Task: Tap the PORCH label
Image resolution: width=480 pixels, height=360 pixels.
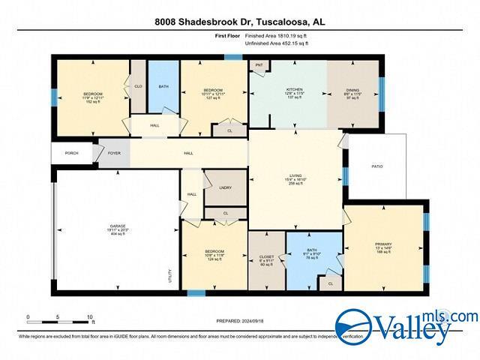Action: tap(72, 153)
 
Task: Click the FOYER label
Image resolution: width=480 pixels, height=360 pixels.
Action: tap(114, 153)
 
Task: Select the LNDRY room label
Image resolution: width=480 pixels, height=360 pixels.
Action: tap(224, 189)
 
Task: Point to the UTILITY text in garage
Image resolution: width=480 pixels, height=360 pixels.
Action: tap(172, 276)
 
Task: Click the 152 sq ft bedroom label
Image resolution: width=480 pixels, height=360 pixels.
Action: tap(91, 98)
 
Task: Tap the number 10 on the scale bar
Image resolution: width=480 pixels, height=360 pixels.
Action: tap(90, 318)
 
